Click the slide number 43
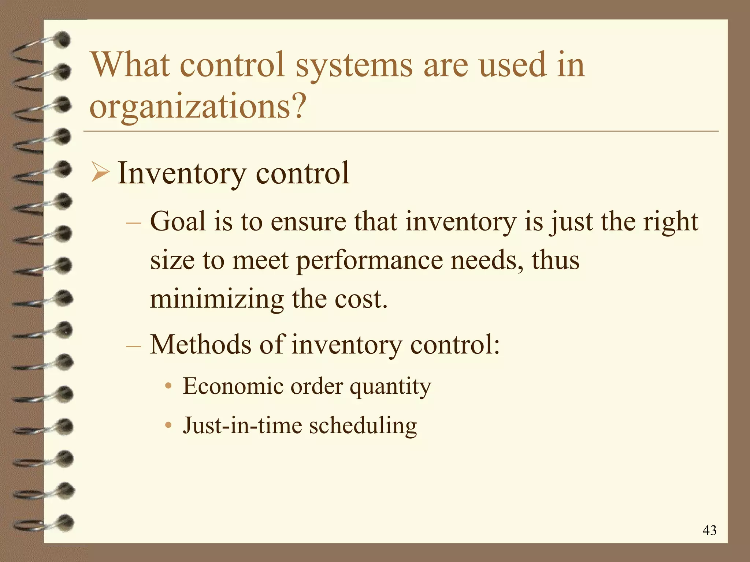[x=709, y=530]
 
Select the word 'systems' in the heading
[x=354, y=66]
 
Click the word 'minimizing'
[x=217, y=300]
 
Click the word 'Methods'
[x=201, y=345]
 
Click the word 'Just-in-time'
[x=242, y=426]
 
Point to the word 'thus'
[x=556, y=260]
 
